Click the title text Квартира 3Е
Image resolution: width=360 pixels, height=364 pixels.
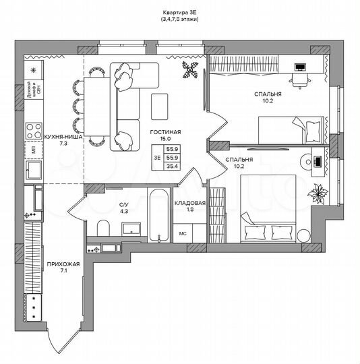[x=179, y=12]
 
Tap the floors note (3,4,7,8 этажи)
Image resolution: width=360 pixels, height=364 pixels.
[x=179, y=20]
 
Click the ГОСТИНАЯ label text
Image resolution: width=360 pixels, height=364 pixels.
[x=165, y=133]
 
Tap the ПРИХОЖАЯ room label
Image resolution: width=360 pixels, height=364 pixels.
[x=59, y=265]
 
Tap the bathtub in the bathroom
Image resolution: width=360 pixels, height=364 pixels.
[x=157, y=216]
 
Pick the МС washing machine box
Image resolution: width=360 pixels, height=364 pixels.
[x=182, y=234]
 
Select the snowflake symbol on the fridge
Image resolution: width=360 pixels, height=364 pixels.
[x=32, y=70]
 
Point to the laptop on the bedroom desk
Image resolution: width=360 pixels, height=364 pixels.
[x=300, y=68]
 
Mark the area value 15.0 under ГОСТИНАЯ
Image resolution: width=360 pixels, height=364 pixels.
[x=165, y=140]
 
